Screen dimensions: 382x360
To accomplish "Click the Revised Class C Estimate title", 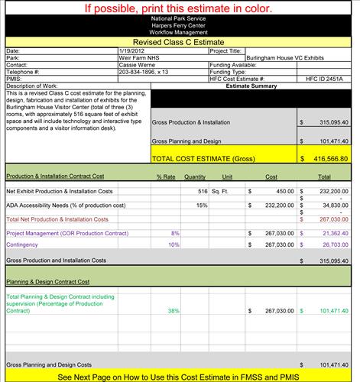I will click(x=180, y=43).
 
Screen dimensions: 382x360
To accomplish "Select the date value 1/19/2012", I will click(x=131, y=51).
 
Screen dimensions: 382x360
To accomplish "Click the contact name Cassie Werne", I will click(x=138, y=65).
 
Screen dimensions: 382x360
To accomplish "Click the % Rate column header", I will click(x=166, y=176).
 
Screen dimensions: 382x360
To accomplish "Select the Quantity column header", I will click(x=195, y=176).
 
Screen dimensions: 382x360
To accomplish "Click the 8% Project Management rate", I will click(x=175, y=232).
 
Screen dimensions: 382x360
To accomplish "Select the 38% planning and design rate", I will click(x=174, y=311).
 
